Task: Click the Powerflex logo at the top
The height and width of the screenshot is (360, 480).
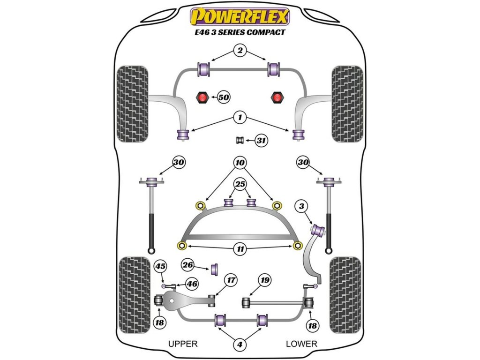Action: [240, 17]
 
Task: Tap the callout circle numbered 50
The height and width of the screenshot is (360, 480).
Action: [223, 97]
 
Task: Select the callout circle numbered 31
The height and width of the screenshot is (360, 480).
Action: [261, 140]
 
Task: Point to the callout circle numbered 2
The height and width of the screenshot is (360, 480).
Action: [240, 51]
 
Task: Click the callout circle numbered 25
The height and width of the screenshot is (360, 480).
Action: [240, 185]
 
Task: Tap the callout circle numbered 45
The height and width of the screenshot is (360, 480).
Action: [161, 267]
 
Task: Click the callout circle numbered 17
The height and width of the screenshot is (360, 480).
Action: [230, 280]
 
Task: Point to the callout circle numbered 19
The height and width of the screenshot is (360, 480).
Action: [265, 280]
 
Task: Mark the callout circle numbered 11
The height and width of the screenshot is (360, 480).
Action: [240, 249]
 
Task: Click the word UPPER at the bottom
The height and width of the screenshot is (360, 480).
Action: [183, 344]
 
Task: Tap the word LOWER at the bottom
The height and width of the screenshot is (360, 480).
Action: [301, 344]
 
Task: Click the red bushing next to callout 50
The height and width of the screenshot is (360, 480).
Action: [202, 97]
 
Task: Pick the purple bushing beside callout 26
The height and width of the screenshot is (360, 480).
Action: [216, 270]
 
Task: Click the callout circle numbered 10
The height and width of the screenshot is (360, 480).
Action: [240, 163]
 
